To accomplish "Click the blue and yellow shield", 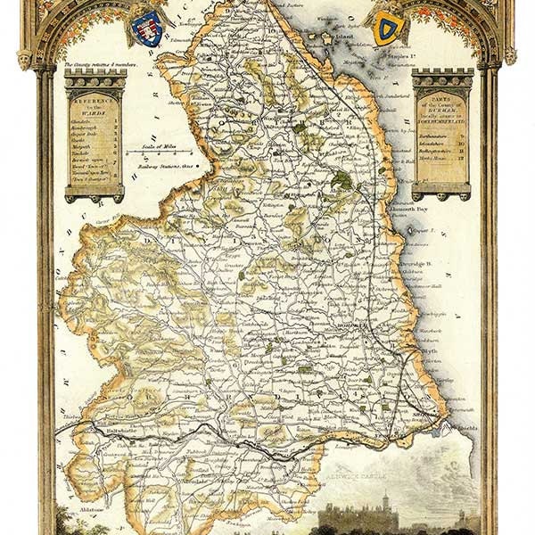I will pos(385,29).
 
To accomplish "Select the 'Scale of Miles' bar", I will pos(159,151).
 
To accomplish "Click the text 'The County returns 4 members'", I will pos(95,65).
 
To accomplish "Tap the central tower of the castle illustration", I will pos(385,504).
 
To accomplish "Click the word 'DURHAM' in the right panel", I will pos(441,124).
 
